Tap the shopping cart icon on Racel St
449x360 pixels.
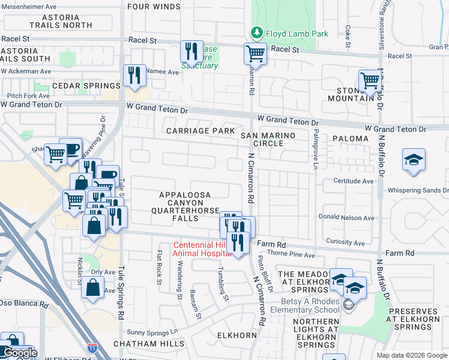(x=255, y=53)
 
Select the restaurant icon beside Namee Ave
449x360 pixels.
(x=133, y=76)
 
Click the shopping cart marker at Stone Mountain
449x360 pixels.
(x=370, y=80)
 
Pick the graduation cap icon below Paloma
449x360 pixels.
(x=414, y=160)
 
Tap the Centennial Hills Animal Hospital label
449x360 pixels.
(x=196, y=249)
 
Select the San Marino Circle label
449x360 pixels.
(x=268, y=139)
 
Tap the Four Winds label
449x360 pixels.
(x=154, y=7)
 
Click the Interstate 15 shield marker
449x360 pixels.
(x=92, y=347)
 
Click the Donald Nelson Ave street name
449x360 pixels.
(x=346, y=218)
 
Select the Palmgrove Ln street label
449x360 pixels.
(x=315, y=153)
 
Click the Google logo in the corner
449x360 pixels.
(x=19, y=353)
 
